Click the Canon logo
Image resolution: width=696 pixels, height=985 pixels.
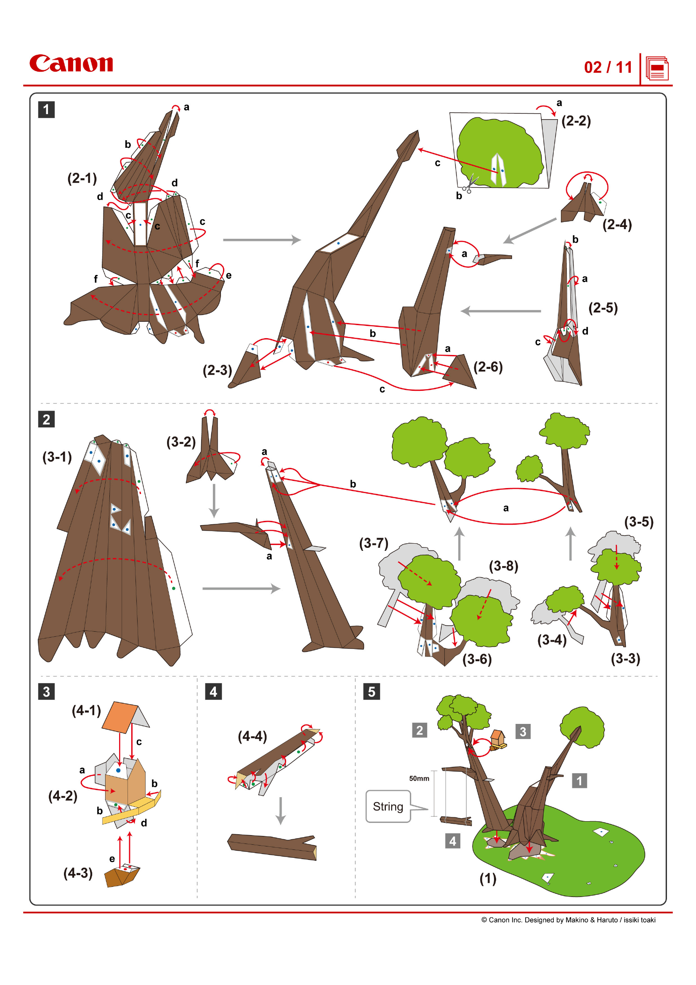click(x=71, y=64)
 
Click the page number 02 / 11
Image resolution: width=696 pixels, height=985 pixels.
click(x=608, y=67)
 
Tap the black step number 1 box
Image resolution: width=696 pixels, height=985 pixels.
click(x=46, y=109)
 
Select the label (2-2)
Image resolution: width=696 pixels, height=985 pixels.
click(x=576, y=121)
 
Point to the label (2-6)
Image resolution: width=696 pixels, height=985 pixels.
click(x=488, y=367)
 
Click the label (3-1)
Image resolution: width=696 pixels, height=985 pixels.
click(x=57, y=457)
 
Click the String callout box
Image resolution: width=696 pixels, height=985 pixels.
click(x=388, y=806)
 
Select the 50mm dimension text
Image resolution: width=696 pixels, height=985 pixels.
click(x=419, y=778)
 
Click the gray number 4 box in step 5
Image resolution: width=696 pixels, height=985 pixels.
click(x=453, y=841)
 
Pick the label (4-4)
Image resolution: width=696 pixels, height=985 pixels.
click(x=252, y=737)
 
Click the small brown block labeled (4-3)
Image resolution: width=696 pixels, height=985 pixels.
click(x=122, y=875)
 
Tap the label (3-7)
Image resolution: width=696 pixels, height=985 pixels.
click(x=374, y=543)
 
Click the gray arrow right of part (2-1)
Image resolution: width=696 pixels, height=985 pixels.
click(x=261, y=240)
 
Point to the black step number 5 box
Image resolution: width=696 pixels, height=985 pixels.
click(x=372, y=691)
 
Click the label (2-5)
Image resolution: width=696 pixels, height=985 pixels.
click(x=603, y=307)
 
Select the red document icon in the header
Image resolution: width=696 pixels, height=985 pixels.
click(x=657, y=69)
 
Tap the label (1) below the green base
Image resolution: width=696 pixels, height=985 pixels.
click(x=488, y=878)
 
